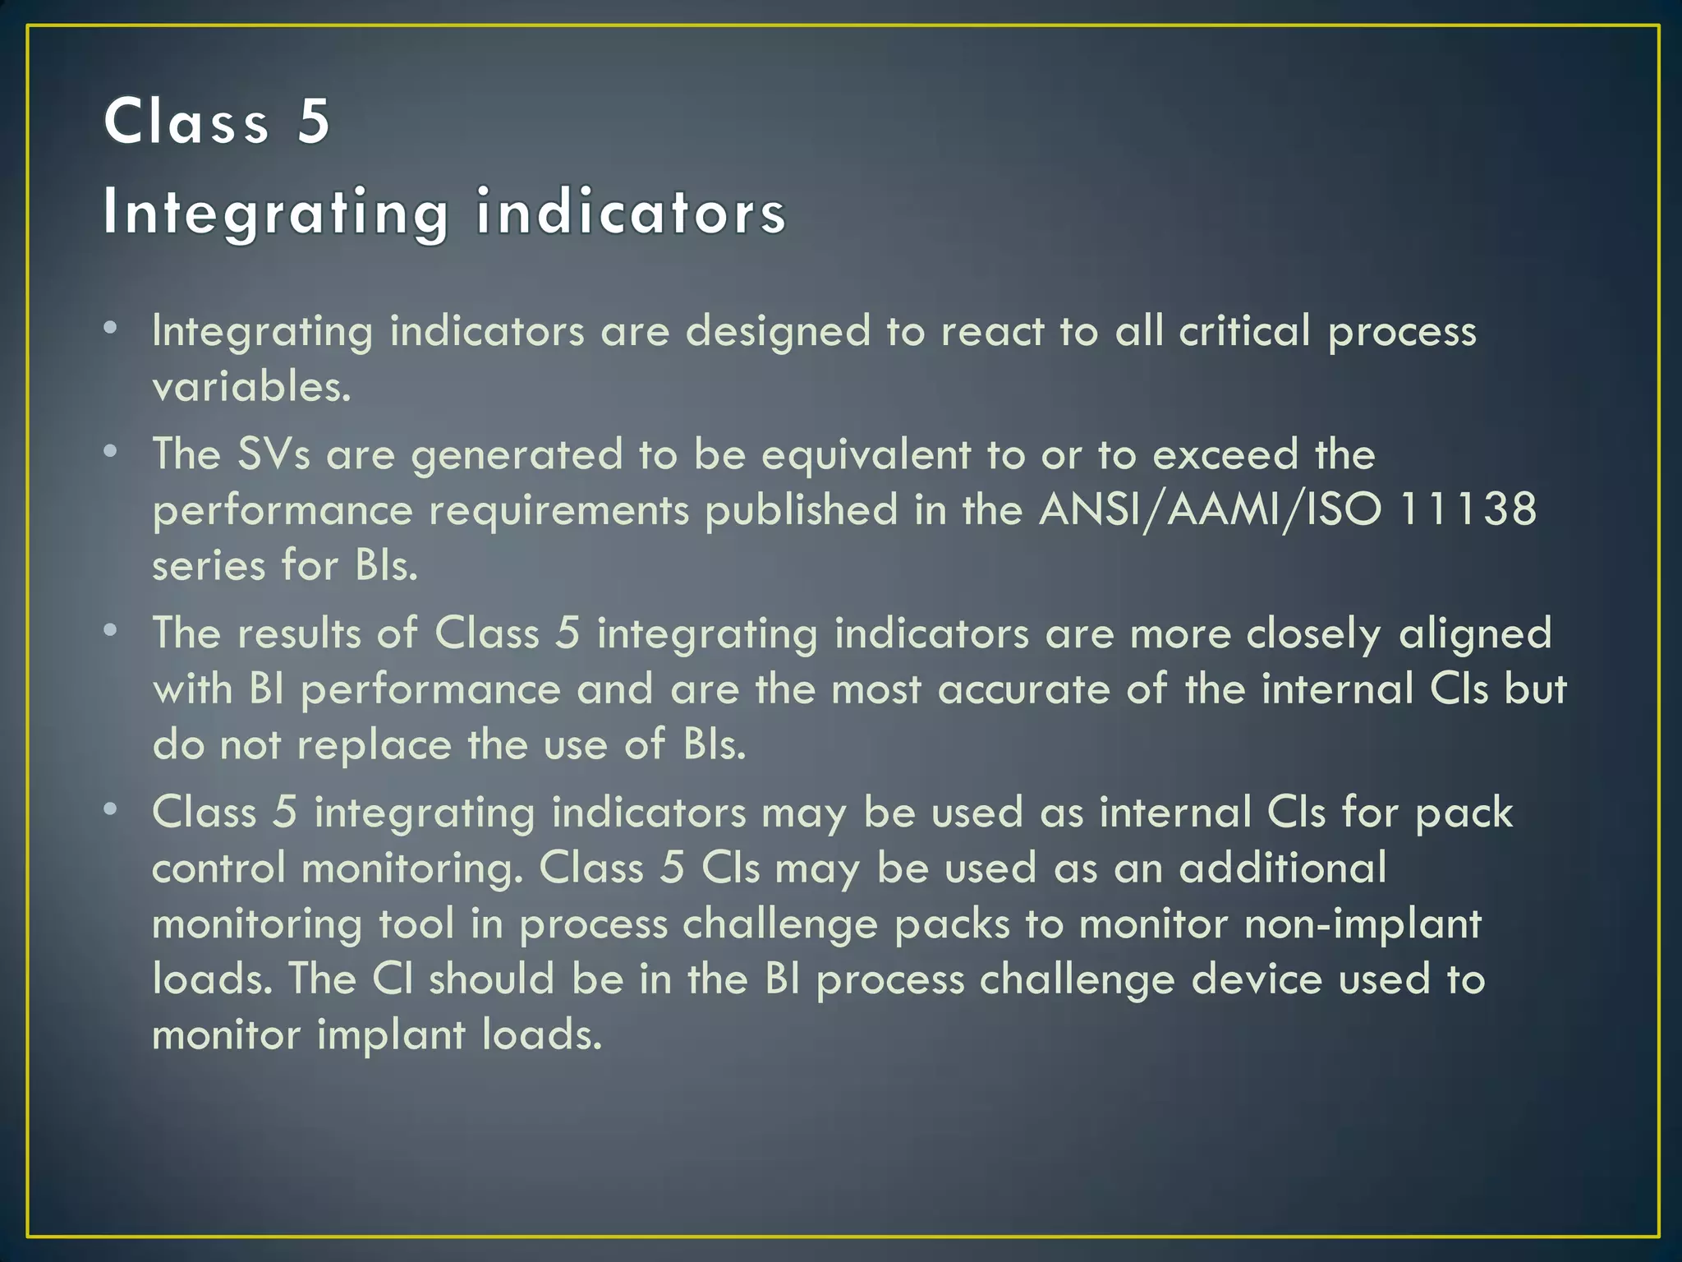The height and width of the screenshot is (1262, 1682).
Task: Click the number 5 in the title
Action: [313, 122]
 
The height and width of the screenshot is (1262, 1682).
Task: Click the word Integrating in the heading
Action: [275, 212]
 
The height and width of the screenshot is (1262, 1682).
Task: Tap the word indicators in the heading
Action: [631, 212]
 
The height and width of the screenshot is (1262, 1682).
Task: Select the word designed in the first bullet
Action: [777, 331]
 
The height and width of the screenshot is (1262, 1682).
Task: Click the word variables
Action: [251, 387]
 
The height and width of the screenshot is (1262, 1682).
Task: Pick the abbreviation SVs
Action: [273, 454]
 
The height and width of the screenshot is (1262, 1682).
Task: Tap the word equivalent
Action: [866, 454]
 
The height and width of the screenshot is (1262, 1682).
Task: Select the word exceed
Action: [1225, 454]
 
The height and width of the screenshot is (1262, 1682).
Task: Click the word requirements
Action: [558, 510]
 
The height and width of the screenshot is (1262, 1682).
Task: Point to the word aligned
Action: [1475, 633]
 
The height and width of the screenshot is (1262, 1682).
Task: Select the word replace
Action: [374, 745]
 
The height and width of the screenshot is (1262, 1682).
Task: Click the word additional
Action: [1282, 868]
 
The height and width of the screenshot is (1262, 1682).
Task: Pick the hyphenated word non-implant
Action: [1363, 924]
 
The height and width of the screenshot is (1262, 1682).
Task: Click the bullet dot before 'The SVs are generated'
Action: [111, 451]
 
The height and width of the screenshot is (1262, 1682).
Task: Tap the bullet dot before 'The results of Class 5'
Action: [111, 630]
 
